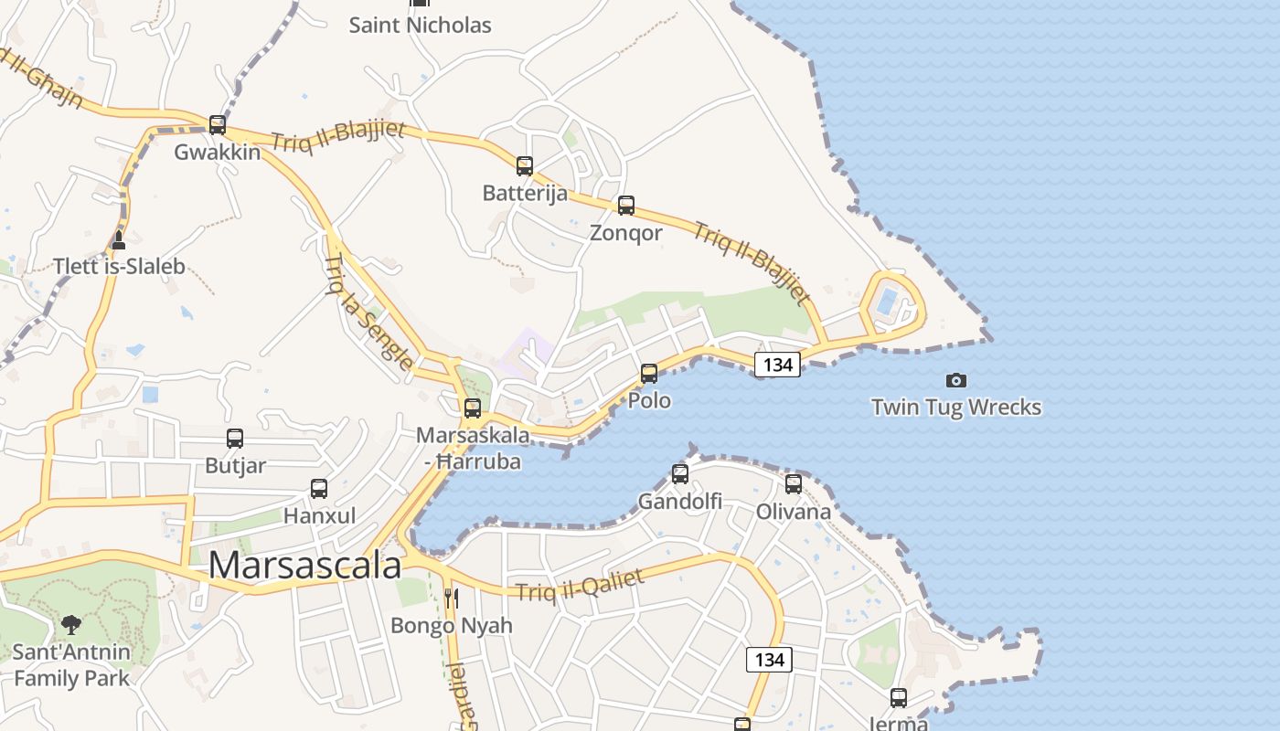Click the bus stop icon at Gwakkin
coord(218,125)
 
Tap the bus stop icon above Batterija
coord(525,166)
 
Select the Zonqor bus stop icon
coord(626,206)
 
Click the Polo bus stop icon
coord(649,373)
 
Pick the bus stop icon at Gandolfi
coord(680,473)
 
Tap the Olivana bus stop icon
coord(794,483)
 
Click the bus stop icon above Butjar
coord(235,439)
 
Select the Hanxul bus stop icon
coord(319,489)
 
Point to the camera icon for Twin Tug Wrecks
coord(956,380)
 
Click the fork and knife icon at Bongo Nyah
coord(452,599)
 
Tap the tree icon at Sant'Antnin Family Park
coord(71,625)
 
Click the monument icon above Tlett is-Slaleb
coord(118,240)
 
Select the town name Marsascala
coord(304,566)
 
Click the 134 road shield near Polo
coord(777,365)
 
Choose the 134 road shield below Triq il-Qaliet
coord(769,659)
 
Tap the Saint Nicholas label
coord(421,25)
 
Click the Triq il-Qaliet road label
coord(581,586)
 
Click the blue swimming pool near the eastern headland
coord(886,301)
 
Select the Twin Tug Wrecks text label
coord(956,407)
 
